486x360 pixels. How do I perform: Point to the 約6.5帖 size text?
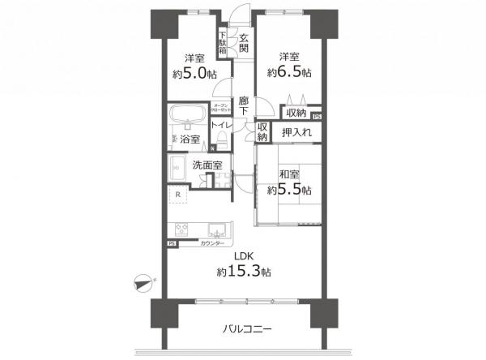tap(290, 72)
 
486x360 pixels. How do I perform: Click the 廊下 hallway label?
tap(243, 109)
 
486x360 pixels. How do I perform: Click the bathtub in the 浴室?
tap(189, 113)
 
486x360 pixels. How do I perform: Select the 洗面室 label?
tap(207, 165)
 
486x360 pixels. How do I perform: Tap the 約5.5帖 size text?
tap(289, 190)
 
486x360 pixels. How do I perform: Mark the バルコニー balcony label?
tap(245, 330)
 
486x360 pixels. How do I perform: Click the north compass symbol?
tap(143, 282)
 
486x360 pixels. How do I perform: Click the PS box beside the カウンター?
tap(172, 243)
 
